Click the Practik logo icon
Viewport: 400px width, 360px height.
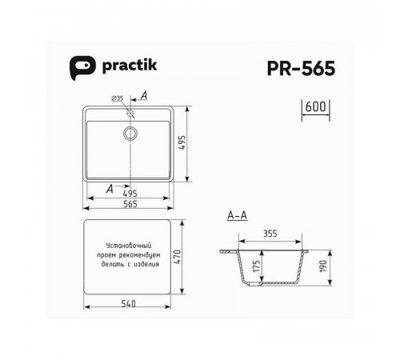[82, 67]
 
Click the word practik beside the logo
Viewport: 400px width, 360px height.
[130, 66]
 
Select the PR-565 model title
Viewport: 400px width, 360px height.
[301, 68]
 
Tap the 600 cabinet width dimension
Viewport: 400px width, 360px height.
[315, 106]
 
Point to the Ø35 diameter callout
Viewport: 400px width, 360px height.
[118, 98]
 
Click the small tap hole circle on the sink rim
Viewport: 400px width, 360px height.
[130, 113]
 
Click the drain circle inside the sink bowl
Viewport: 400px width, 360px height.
[130, 133]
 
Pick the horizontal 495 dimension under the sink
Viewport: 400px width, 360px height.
[130, 193]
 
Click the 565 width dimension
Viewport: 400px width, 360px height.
[130, 204]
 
